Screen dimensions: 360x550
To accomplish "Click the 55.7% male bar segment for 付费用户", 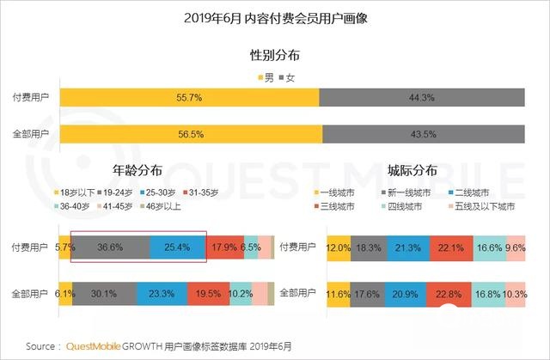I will pos(189,98).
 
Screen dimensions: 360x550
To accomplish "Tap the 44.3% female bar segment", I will pos(421,98).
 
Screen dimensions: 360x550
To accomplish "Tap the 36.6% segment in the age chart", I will pos(109,247).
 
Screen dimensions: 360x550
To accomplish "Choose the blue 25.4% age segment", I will pos(177,247).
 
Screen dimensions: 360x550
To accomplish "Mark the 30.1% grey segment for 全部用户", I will pos(104,293).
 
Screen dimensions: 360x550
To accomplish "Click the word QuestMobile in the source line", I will pos(95,346).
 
